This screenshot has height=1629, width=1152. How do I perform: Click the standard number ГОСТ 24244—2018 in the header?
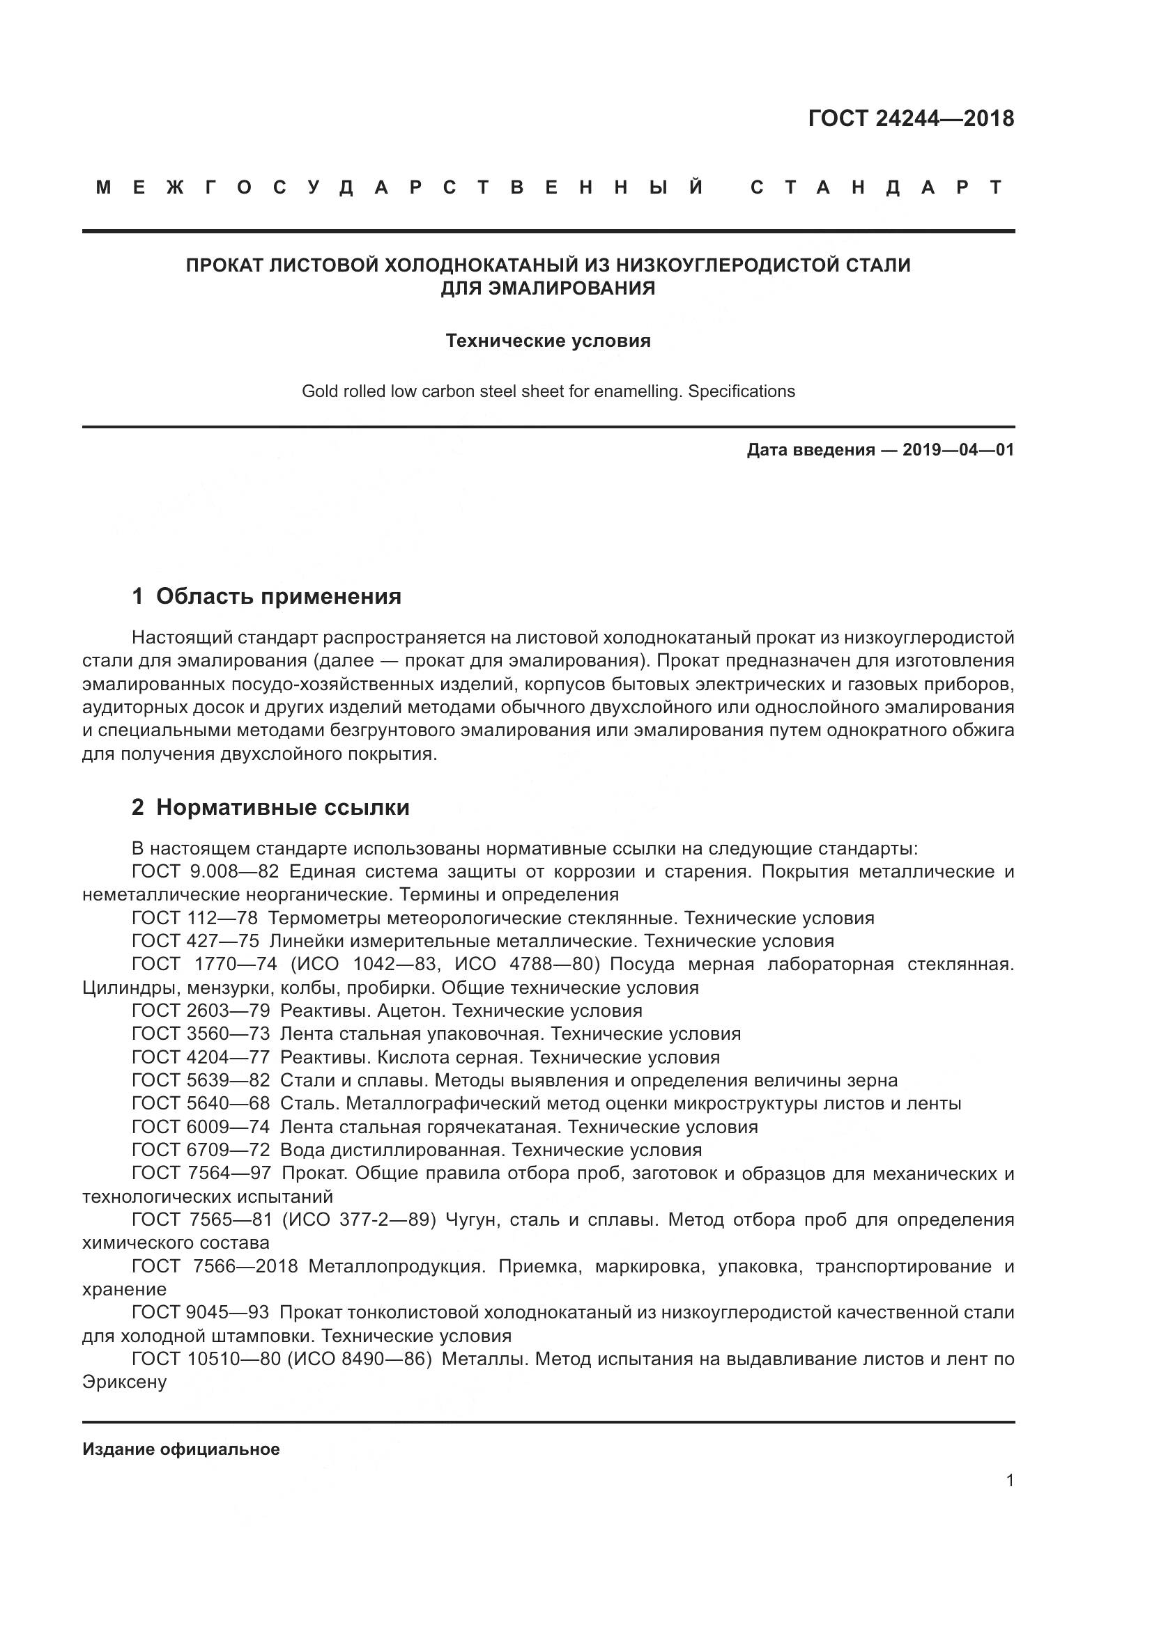[x=911, y=118]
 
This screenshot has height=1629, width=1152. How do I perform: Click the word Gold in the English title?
[x=318, y=391]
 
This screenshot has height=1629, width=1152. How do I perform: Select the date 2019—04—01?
[x=958, y=450]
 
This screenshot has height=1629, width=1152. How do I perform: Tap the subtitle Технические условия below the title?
[x=548, y=341]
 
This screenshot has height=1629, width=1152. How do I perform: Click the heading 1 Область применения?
[x=267, y=596]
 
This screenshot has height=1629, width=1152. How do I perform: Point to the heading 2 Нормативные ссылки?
[x=270, y=807]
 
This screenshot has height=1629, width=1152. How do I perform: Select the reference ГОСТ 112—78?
[x=194, y=918]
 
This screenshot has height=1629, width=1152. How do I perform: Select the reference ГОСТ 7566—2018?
[x=215, y=1266]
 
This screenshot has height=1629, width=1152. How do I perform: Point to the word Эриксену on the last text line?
[x=124, y=1382]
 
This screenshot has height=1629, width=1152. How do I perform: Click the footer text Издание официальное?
[x=181, y=1449]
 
